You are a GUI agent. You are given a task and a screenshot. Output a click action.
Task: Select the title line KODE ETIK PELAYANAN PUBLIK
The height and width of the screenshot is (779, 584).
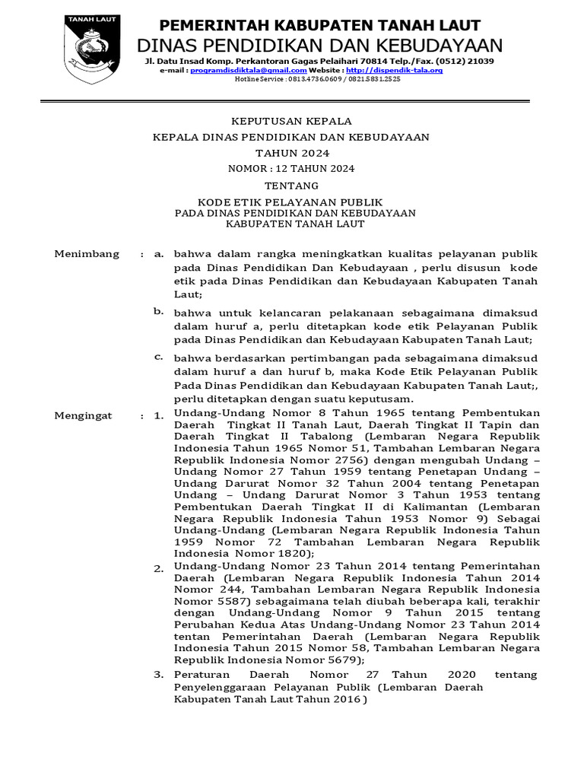290,202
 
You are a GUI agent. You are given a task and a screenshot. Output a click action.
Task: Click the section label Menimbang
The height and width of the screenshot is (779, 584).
87,254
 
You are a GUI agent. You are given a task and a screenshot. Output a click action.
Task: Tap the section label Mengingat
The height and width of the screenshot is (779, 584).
83,415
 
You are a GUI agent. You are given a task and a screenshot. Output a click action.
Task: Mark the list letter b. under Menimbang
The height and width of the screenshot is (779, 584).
158,310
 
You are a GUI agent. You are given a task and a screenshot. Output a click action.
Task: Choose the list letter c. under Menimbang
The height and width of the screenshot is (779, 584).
158,356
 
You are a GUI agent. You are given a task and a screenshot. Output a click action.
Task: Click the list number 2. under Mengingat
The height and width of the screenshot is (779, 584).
158,568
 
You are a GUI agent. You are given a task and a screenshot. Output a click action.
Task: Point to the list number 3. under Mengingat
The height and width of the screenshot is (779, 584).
158,674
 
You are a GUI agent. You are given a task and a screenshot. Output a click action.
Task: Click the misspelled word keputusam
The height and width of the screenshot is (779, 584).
380,399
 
